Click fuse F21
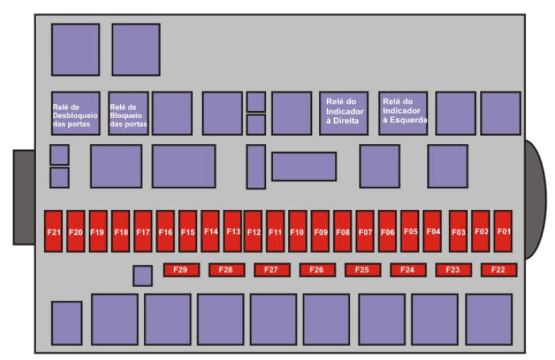click(54, 231)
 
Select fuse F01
click(503, 231)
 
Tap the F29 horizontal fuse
click(181, 270)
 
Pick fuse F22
click(498, 270)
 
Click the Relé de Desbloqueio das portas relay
click(75, 113)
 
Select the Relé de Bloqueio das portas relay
click(129, 113)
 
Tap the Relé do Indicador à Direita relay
click(343, 113)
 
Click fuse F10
click(297, 231)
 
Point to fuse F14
click(210, 231)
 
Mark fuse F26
click(317, 270)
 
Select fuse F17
click(142, 231)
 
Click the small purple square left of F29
click(142, 275)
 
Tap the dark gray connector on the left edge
click(24, 197)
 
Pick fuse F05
click(410, 231)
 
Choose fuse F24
click(408, 270)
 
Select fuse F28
click(226, 270)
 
